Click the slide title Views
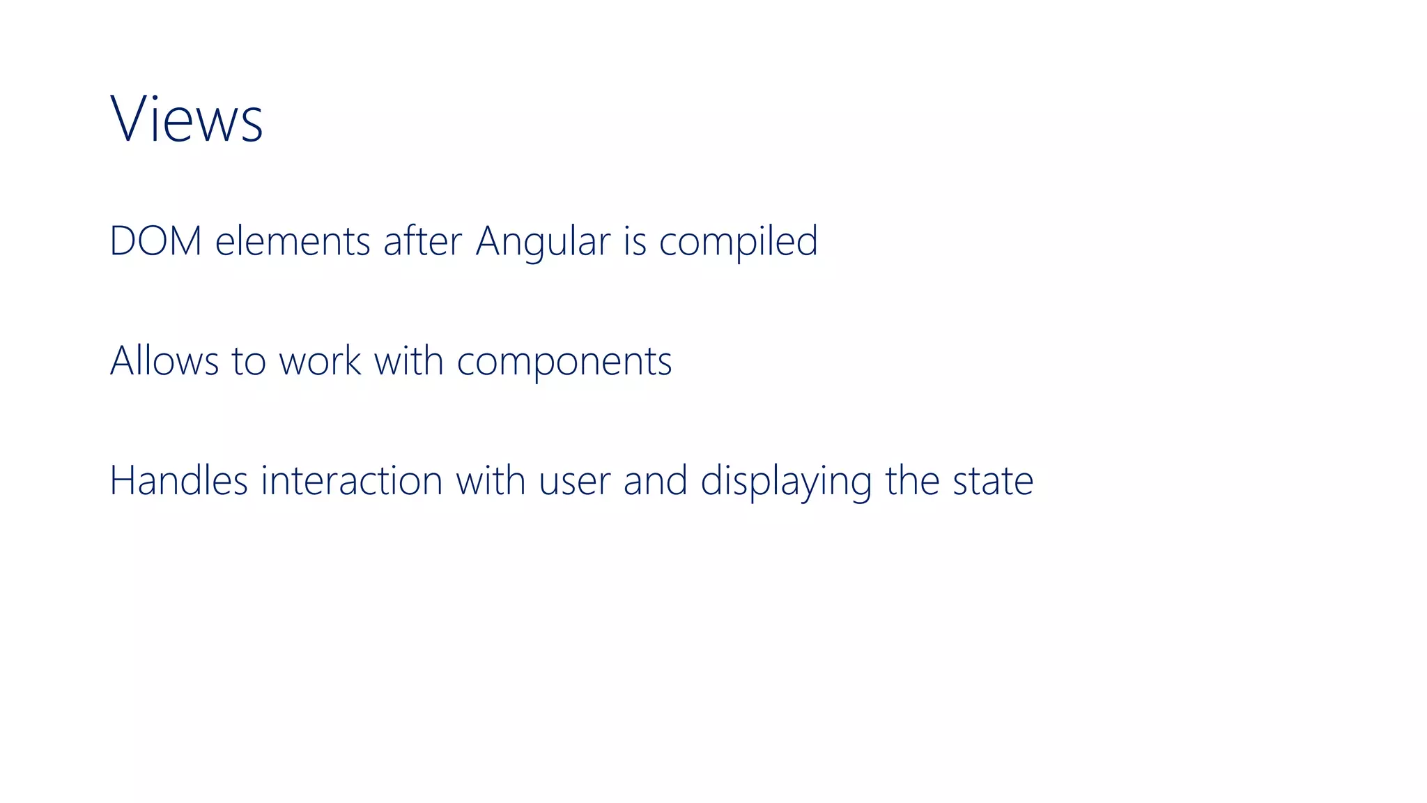[x=186, y=119]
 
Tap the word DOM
[x=155, y=241]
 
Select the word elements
[x=292, y=241]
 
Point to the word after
[x=422, y=241]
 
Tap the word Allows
[x=164, y=361]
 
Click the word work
[x=320, y=361]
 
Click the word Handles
[x=178, y=481]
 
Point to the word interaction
[x=352, y=481]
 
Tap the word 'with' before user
[x=491, y=481]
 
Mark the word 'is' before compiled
[x=635, y=241]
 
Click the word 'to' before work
[x=248, y=362]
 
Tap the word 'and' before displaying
[x=655, y=481]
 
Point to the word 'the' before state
[x=912, y=481]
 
